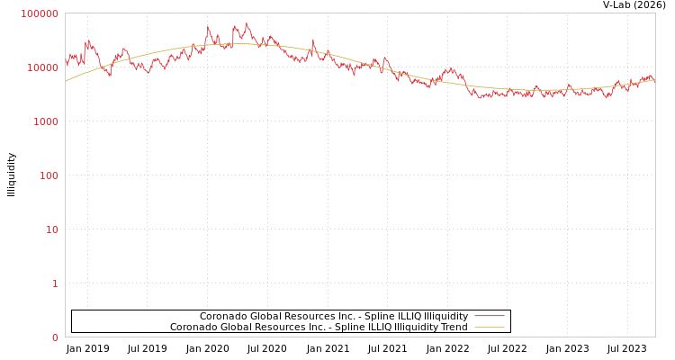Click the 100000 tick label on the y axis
point(40,13)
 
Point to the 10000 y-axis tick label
point(42,67)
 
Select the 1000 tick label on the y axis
point(45,121)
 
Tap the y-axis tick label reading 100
point(48,175)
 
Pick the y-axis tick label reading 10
point(51,229)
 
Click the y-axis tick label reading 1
point(54,283)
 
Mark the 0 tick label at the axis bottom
point(54,337)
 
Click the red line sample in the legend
point(489,317)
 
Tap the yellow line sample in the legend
point(489,328)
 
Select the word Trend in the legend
point(453,328)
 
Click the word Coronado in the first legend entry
point(221,317)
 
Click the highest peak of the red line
point(247,22)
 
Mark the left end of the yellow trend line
point(66,81)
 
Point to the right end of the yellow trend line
point(654,79)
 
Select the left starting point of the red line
point(66,65)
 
